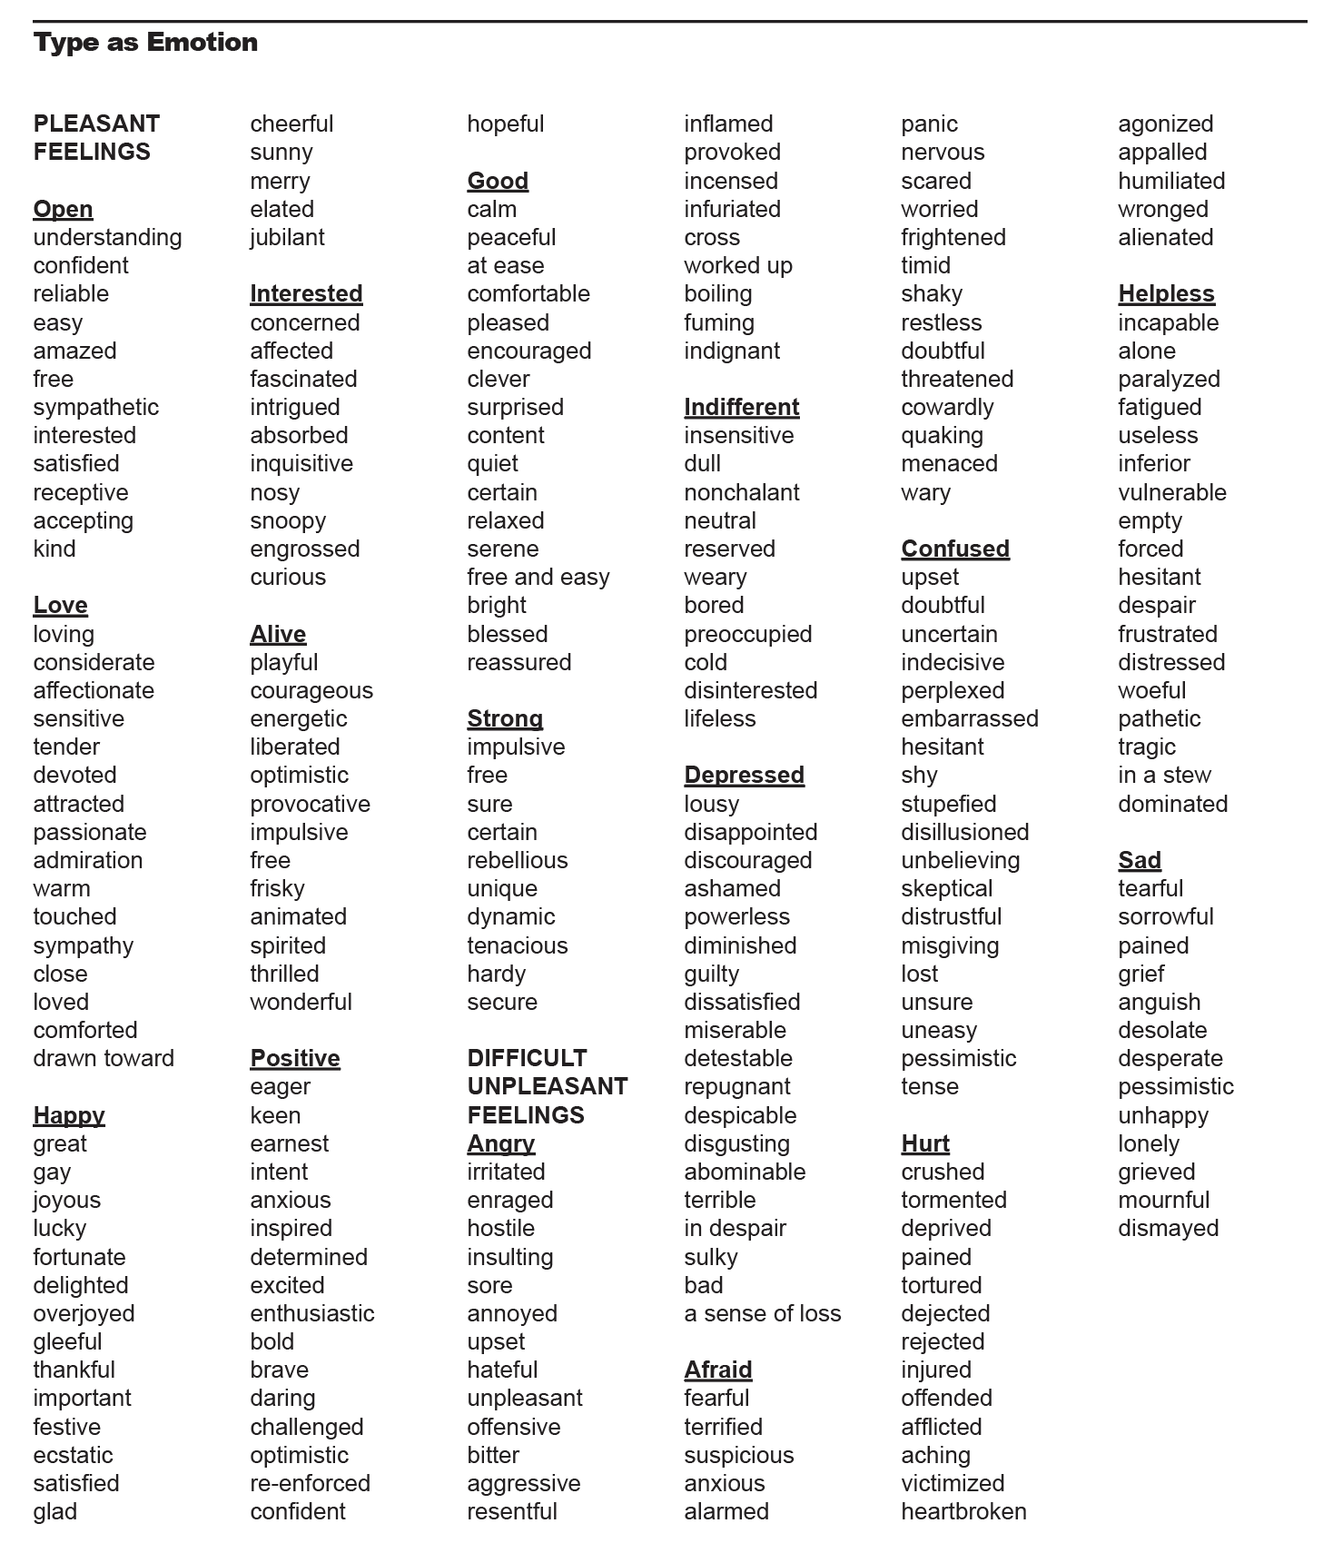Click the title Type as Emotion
pos(145,43)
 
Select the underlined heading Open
pos(63,209)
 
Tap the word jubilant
pos(287,237)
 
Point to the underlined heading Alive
pos(278,634)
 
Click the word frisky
pos(277,888)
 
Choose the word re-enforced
pos(310,1483)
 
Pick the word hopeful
pos(505,124)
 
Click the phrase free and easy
pos(538,577)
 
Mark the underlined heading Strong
pos(505,718)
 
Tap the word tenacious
pos(517,945)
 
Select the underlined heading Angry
pos(500,1143)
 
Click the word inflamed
pos(728,124)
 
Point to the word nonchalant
pos(741,492)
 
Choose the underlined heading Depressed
pos(744,775)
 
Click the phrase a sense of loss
pos(762,1313)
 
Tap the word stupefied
pos(948,804)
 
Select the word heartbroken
pos(963,1511)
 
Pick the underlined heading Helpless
pos(1166,293)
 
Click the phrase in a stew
pos(1164,775)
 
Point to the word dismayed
pos(1168,1228)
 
